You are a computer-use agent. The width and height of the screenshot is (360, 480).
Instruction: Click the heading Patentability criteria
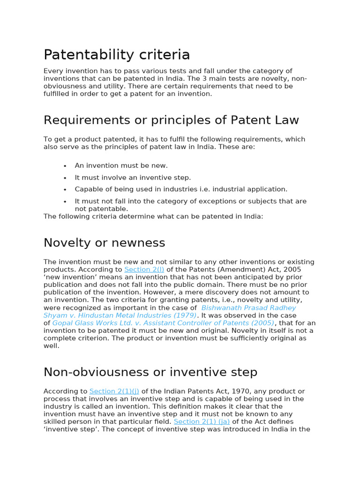coord(117,55)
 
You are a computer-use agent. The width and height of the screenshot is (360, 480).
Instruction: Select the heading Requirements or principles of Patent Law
coord(171,120)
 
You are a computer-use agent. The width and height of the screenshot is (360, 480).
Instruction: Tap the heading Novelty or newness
coord(104,243)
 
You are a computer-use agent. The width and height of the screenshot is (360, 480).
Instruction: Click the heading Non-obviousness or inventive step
coord(150,372)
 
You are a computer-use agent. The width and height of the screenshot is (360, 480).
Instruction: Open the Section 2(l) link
coord(144,270)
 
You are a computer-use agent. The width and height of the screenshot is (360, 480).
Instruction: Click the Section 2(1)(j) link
coord(114,391)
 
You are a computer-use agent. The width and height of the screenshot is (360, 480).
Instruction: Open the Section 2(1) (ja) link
coord(202,421)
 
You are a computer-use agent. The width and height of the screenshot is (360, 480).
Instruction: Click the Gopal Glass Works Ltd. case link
coord(163,323)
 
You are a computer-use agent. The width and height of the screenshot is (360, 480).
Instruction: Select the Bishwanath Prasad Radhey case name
coord(248,308)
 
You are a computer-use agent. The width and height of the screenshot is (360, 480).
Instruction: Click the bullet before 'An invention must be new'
coord(65,166)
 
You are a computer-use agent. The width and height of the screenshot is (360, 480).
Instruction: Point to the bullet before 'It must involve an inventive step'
coord(65,178)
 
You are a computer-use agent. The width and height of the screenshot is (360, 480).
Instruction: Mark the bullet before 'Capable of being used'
coord(65,189)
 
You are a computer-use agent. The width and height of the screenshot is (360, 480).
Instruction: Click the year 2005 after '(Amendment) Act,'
coord(292,270)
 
